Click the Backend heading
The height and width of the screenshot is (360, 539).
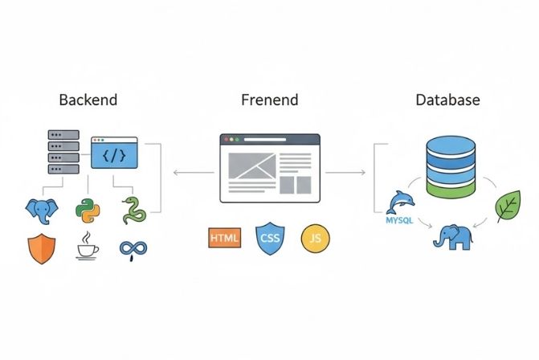point(88,100)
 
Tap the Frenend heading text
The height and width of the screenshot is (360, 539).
point(269,100)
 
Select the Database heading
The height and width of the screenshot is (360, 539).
point(447,100)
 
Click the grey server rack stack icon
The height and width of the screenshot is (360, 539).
point(64,153)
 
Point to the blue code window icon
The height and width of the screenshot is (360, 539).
point(114,151)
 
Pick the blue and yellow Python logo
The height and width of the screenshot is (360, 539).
point(87,211)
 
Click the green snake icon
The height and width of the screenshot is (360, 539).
point(133,211)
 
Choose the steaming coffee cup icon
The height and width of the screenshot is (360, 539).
point(87,247)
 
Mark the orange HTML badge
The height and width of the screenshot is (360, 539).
point(224,238)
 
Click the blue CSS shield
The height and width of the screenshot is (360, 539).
point(269,238)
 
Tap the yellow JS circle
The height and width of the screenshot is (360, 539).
point(313,238)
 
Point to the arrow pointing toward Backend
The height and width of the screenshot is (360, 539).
point(193,172)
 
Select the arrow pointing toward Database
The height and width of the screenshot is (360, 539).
point(345,172)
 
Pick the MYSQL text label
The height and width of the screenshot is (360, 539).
point(399,219)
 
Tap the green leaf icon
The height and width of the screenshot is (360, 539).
point(508,207)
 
